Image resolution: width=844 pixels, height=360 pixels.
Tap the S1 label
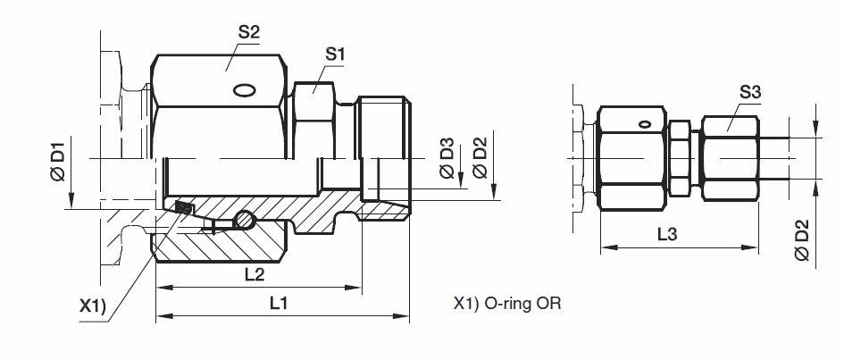pos(335,54)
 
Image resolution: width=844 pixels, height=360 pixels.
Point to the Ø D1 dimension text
pos(58,162)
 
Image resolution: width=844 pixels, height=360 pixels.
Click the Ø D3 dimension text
pos(447,158)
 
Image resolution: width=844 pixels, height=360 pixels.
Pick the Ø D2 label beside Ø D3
pos(479,158)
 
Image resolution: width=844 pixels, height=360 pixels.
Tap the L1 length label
pos(279,304)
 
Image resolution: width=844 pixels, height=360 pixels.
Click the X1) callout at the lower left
pos(93,306)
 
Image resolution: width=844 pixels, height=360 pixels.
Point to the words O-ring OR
pos(522,304)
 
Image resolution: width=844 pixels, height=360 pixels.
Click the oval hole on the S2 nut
pos(243,89)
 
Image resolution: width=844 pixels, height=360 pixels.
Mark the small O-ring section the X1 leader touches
pos(184,208)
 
